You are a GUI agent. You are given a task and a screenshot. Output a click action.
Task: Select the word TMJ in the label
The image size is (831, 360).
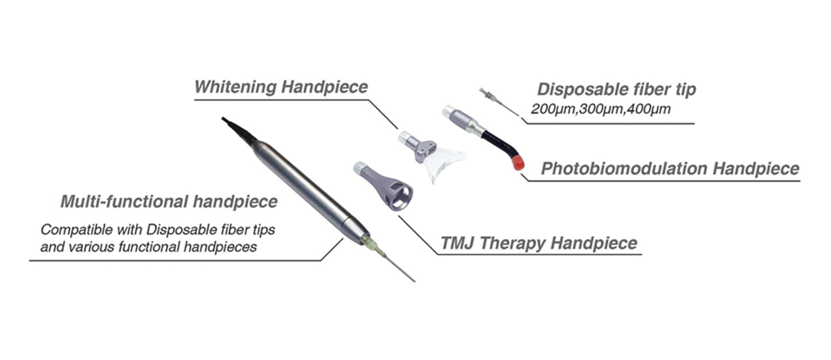(458, 244)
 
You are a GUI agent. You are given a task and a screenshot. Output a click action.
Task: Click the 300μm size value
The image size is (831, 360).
(600, 109)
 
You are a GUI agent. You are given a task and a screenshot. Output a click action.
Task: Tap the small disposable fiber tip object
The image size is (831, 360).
(497, 101)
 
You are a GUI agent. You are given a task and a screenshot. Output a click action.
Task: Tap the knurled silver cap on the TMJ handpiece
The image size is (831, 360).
(360, 167)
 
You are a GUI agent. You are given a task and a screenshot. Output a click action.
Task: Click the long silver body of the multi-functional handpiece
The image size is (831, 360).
(305, 187)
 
